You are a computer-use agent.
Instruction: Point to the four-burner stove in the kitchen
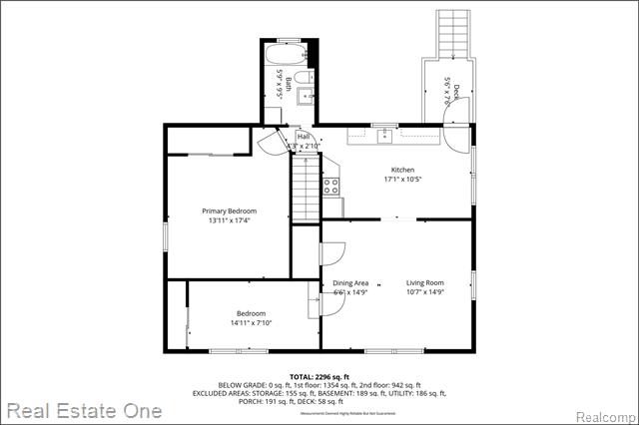tap(332, 185)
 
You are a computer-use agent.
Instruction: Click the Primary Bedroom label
tap(229, 211)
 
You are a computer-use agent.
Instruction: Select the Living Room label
tap(425, 282)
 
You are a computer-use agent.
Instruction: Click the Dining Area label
tap(349, 282)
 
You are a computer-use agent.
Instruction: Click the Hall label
tap(303, 137)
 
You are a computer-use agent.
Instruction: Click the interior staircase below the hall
tap(305, 191)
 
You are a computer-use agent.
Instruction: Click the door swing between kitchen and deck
tap(455, 139)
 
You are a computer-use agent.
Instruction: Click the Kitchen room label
tap(402, 170)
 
